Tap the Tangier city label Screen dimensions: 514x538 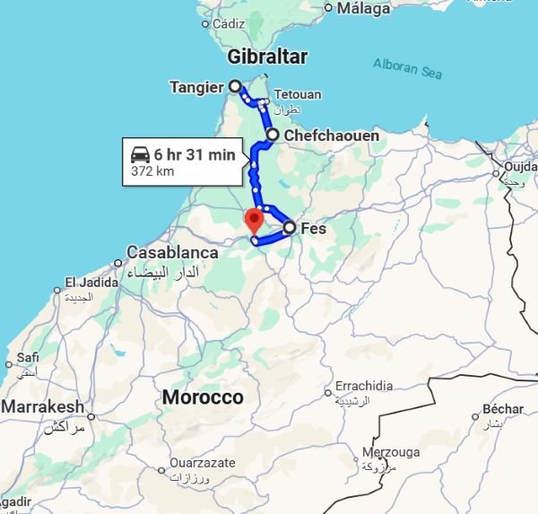(x=195, y=87)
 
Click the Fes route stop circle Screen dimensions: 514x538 (x=290, y=228)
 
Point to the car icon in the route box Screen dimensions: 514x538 (x=140, y=154)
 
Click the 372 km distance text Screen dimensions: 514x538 (x=152, y=171)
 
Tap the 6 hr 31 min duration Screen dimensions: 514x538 (x=195, y=154)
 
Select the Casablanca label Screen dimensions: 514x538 (x=172, y=253)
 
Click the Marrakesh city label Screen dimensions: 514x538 (x=43, y=406)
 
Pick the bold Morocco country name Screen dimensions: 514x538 (x=203, y=396)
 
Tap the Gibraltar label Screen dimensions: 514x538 (x=267, y=57)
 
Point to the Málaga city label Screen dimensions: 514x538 (x=363, y=9)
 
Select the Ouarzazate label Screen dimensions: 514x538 (x=203, y=463)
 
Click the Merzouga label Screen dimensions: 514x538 (x=390, y=452)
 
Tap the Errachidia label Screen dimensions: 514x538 (x=363, y=386)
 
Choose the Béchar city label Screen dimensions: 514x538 (x=502, y=409)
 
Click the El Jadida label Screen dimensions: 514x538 (x=91, y=282)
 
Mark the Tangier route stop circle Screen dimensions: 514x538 (x=235, y=87)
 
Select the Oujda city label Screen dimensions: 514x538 (x=520, y=167)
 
